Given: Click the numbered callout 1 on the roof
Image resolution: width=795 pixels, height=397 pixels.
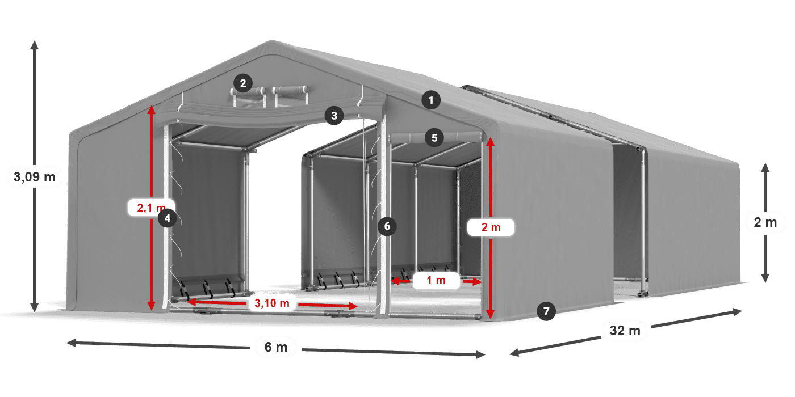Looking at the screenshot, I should click(431, 101).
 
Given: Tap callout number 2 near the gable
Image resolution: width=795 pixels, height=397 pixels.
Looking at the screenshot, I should click(242, 84).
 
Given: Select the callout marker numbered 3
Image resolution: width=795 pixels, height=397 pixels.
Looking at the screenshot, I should click(334, 116).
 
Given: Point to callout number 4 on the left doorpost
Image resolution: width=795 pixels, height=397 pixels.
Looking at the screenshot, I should click(167, 217).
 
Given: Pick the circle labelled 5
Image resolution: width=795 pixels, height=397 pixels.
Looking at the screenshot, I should click(434, 137).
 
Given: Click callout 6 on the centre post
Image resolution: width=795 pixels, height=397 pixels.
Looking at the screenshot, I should click(387, 226).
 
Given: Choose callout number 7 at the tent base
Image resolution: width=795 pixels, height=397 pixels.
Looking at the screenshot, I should click(546, 311).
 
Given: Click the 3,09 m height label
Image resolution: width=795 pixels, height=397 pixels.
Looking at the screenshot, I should click(34, 177).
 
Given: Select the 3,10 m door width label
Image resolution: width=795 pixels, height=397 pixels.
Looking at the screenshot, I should click(272, 303).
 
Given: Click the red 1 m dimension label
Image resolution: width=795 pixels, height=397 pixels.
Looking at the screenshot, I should click(436, 280).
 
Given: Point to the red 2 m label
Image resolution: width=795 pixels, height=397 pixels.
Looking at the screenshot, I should click(491, 227).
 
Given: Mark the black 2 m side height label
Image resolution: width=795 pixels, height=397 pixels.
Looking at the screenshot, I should click(765, 222).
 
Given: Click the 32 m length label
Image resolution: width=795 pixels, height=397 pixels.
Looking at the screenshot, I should click(625, 330).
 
